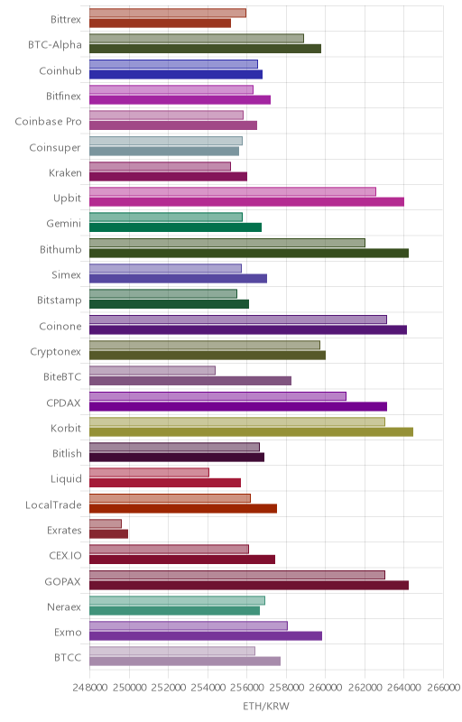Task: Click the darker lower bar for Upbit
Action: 246,201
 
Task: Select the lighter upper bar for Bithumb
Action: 227,243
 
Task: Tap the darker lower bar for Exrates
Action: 108,533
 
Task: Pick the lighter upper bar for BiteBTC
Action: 152,370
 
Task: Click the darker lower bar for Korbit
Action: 251,431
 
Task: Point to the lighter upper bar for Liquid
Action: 149,472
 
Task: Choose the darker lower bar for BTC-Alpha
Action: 205,49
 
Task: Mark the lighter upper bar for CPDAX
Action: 217,396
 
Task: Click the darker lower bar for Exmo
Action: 206,636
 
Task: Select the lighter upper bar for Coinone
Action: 238,319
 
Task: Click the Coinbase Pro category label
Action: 48,122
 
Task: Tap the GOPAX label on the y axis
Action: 62,581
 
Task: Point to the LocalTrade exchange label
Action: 53,505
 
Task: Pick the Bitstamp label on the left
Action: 60,301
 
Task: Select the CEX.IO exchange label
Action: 65,556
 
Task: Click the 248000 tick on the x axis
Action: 90,688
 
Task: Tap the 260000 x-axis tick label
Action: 326,688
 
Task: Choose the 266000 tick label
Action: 443,688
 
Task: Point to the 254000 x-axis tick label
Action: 208,688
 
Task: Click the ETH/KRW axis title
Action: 266,707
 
